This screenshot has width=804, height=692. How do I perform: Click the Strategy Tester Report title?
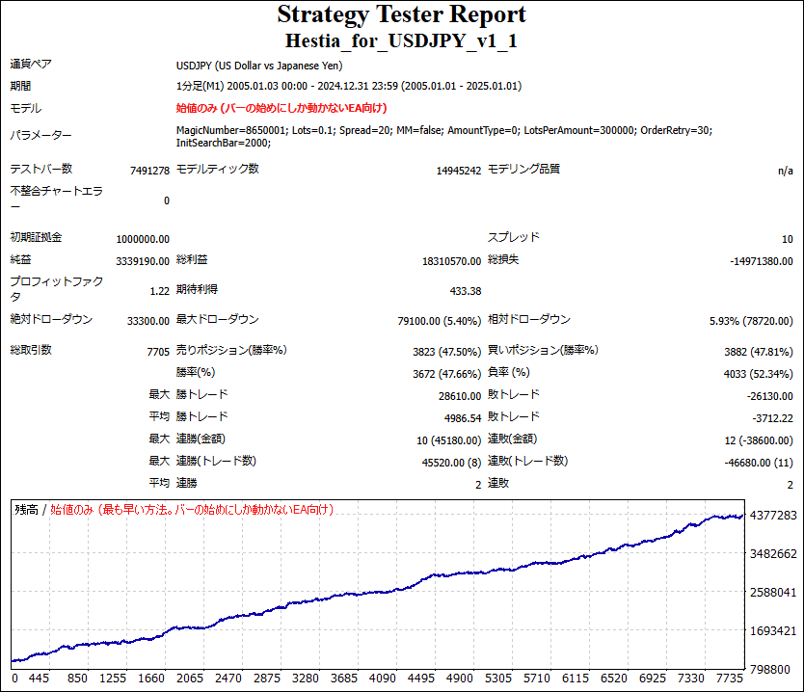pyautogui.click(x=402, y=15)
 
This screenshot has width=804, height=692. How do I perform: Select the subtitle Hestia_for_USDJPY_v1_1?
pyautogui.click(x=402, y=41)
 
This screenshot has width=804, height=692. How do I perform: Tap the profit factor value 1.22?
pyautogui.click(x=159, y=290)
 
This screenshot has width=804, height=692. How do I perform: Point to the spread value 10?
pyautogui.click(x=787, y=239)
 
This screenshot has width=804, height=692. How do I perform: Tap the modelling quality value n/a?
pyautogui.click(x=785, y=171)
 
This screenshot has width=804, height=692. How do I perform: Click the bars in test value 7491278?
pyautogui.click(x=148, y=171)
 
